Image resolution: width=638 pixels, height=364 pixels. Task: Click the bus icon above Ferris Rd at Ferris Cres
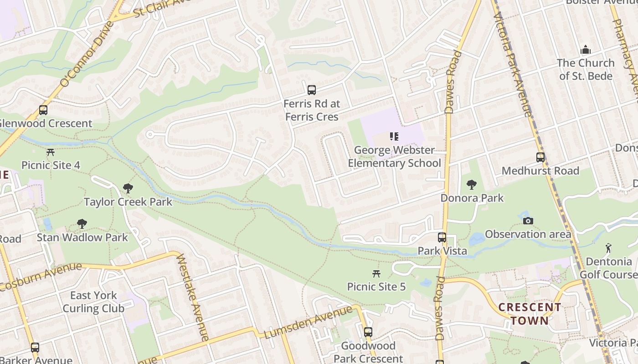point(312,90)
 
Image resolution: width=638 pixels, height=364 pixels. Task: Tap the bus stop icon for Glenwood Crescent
point(43,110)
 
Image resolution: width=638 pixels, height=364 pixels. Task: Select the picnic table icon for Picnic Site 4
point(51,152)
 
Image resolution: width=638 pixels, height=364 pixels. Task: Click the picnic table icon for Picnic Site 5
point(376,273)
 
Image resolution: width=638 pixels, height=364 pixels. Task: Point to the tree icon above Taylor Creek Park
point(128,188)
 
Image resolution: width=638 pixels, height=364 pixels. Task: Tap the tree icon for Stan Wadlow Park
point(82,224)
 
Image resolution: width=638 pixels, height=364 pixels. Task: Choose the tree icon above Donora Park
point(472,185)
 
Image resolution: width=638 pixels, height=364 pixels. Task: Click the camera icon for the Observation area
point(528,221)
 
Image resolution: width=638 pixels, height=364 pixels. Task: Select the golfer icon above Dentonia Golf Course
point(608,248)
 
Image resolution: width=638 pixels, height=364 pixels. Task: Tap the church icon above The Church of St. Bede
point(586,50)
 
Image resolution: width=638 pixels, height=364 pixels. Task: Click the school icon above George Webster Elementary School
point(394,136)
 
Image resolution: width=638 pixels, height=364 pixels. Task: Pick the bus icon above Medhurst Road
point(540,158)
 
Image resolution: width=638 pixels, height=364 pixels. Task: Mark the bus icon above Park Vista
point(442,238)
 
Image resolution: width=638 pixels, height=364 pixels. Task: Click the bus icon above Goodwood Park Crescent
point(368,333)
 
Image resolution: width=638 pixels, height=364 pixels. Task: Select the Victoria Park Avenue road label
point(513,64)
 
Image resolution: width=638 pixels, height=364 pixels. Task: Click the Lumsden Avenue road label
point(309,322)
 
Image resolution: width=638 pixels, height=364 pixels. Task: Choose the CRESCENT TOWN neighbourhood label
point(530,314)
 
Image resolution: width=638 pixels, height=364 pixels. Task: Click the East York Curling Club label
point(93,302)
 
